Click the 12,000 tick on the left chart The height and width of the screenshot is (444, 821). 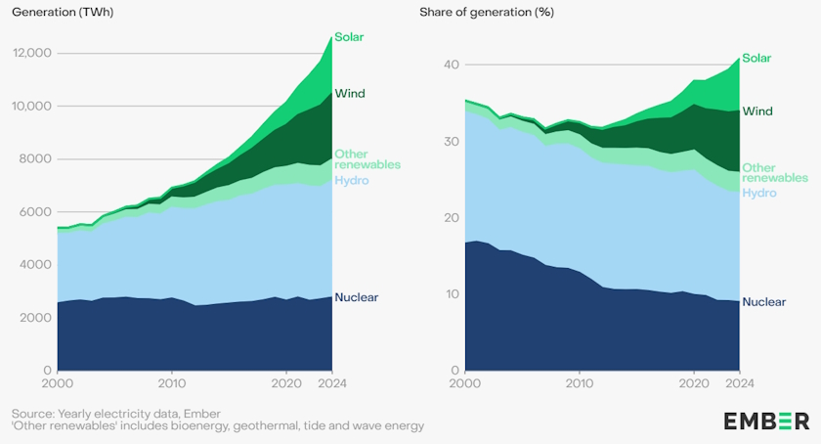coord(31,53)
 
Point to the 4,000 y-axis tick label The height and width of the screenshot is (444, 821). coord(35,265)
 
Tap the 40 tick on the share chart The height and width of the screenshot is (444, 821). coord(451,65)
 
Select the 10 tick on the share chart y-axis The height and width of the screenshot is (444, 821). coord(451,294)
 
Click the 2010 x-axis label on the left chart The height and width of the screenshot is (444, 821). coord(172,383)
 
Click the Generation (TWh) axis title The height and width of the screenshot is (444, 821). coord(59,12)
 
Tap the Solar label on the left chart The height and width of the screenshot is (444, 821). coord(350,37)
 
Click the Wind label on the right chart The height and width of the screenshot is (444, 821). coord(757,111)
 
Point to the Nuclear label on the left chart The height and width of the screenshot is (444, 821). coord(357,297)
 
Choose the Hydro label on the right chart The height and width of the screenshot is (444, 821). coord(758,193)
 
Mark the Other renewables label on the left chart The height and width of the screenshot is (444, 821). coord(367,159)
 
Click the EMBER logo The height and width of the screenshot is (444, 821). coord(765,421)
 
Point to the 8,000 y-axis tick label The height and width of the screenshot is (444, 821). coord(35,159)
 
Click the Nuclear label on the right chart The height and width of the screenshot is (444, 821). coord(764,302)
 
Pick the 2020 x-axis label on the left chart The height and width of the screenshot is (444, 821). coord(285,383)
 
